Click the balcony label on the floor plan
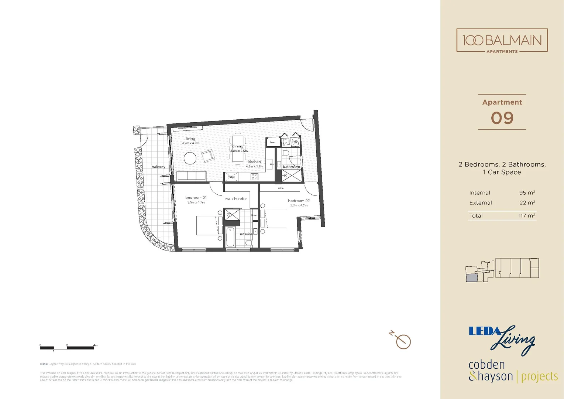158,167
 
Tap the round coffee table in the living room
190,158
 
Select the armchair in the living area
208,156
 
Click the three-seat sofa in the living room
191,176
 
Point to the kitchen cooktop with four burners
254,177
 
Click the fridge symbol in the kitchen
231,177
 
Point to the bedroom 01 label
196,198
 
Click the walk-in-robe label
236,199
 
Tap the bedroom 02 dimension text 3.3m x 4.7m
299,205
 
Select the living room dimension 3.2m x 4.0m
190,143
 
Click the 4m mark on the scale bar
95,345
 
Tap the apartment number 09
502,118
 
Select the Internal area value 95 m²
527,193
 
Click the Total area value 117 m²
527,216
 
